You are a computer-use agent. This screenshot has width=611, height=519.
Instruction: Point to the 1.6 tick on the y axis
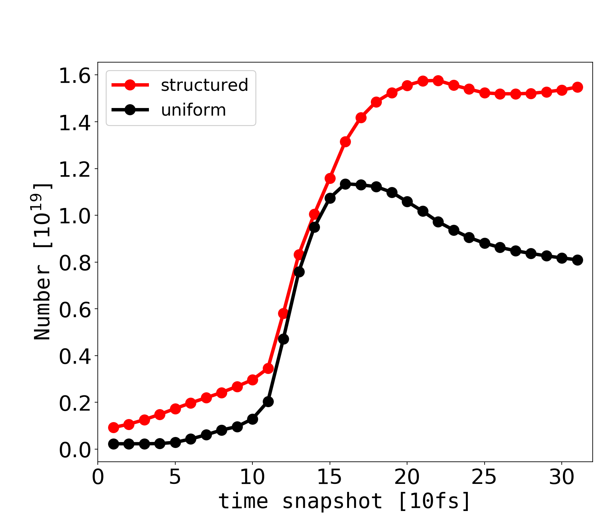pyautogui.click(x=75, y=76)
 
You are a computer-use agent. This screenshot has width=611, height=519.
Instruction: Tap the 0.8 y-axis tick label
pyautogui.click(x=75, y=263)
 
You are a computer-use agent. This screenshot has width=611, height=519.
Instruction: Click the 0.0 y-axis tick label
pyautogui.click(x=75, y=450)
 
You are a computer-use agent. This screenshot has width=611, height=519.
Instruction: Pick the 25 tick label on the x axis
pyautogui.click(x=485, y=477)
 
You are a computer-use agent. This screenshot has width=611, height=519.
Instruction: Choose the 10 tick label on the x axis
pyautogui.click(x=252, y=477)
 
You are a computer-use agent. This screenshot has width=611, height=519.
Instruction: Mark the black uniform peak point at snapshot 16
pyautogui.click(x=345, y=184)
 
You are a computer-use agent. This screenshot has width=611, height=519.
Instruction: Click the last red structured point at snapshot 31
pyautogui.click(x=577, y=87)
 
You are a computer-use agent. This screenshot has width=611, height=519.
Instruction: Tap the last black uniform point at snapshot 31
pyautogui.click(x=577, y=260)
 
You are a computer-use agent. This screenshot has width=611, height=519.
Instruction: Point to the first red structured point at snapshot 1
pyautogui.click(x=113, y=427)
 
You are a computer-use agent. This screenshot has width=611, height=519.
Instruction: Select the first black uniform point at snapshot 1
pyautogui.click(x=113, y=444)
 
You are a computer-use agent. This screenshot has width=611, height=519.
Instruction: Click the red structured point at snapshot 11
pyautogui.click(x=268, y=369)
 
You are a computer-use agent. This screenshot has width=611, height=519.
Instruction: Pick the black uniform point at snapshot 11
pyautogui.click(x=268, y=402)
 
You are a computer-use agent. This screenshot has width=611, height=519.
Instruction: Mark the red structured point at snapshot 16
pyautogui.click(x=345, y=142)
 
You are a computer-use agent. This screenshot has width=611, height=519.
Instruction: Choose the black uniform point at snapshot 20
pyautogui.click(x=407, y=201)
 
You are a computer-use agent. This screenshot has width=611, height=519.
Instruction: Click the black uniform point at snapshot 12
pyautogui.click(x=283, y=339)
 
